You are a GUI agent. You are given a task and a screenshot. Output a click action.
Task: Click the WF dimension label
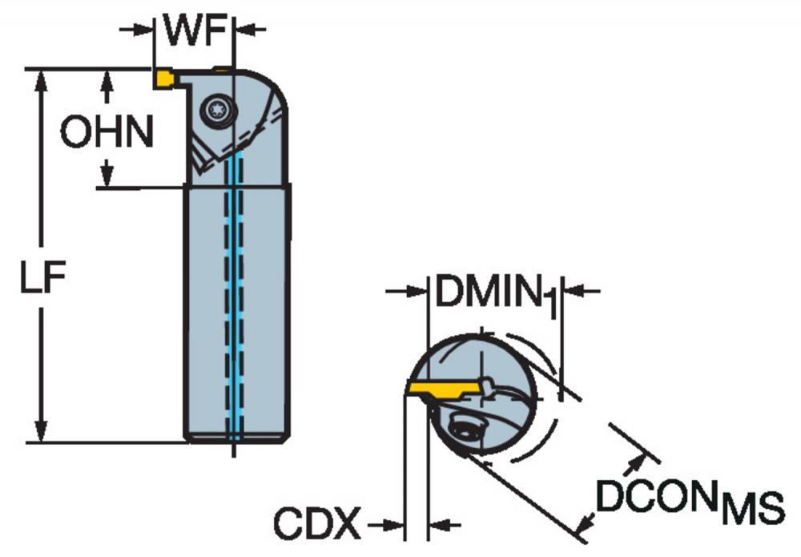[x=195, y=30]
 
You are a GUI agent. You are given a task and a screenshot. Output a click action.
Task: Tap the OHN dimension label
[x=107, y=131]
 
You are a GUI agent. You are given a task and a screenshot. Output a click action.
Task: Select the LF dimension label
[x=43, y=277]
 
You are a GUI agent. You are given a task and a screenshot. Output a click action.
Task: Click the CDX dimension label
[x=316, y=523]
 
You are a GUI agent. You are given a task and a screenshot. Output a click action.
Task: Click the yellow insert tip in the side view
[x=164, y=79]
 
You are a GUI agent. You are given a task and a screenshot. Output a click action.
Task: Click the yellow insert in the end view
[x=445, y=389]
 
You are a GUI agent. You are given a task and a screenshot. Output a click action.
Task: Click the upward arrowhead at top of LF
[x=42, y=81]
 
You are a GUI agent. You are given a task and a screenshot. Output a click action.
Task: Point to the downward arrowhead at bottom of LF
[x=42, y=431]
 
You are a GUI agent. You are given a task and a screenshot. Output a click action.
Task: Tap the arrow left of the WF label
[x=136, y=30]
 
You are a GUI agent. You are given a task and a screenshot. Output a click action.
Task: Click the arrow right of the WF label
[x=250, y=30]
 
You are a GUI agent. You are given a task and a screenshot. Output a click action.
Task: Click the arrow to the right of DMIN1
[x=581, y=291]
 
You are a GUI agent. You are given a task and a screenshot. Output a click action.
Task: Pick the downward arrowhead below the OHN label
[x=107, y=173]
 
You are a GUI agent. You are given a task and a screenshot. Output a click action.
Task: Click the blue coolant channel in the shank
[x=235, y=296]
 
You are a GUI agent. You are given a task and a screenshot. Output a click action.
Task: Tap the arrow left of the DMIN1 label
[x=405, y=291]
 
